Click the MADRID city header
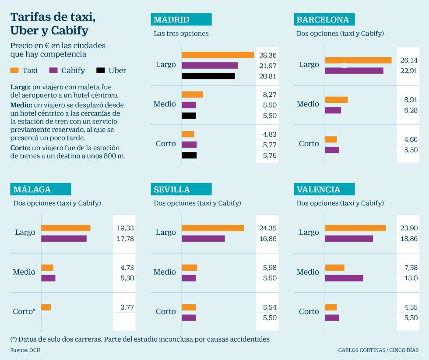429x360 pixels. (x=181, y=20)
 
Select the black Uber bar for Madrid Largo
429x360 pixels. (x=208, y=76)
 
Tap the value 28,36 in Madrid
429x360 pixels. (x=268, y=55)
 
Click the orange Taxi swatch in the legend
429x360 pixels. (x=14, y=71)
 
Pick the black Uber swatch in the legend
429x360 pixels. (x=100, y=71)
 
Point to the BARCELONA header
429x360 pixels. (x=324, y=20)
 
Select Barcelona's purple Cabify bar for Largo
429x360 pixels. (x=354, y=71)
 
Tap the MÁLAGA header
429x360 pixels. (x=40, y=189)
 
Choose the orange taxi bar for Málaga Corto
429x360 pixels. (x=46, y=307)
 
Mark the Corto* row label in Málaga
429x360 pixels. (x=24, y=311)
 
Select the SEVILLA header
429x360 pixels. (x=181, y=189)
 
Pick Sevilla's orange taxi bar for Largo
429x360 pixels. (x=213, y=228)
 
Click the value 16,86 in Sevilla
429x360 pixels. (x=268, y=238)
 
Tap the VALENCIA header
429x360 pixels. (x=324, y=189)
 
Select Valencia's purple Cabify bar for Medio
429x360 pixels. (x=344, y=278)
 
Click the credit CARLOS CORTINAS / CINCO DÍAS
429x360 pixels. (x=378, y=350)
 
